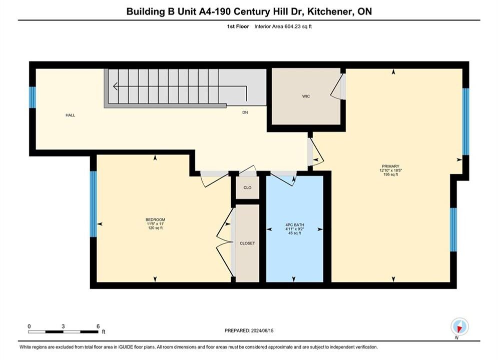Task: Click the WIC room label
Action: (306, 96)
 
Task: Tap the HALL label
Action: (70, 115)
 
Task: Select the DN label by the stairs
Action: (245, 112)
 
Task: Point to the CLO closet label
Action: (247, 187)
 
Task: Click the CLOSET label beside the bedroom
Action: (247, 243)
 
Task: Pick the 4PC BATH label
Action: (295, 225)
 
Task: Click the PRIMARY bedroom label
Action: (391, 166)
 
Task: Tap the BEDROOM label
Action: (155, 219)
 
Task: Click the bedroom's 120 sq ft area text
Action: (155, 227)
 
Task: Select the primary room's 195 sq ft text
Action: (391, 174)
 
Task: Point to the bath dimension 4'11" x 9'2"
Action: (295, 229)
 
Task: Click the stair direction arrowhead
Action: (115, 86)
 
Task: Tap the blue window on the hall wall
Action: (33, 97)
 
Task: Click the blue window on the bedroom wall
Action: (94, 204)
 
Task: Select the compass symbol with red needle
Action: (459, 326)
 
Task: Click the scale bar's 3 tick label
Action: (63, 326)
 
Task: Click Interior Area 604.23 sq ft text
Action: (283, 26)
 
